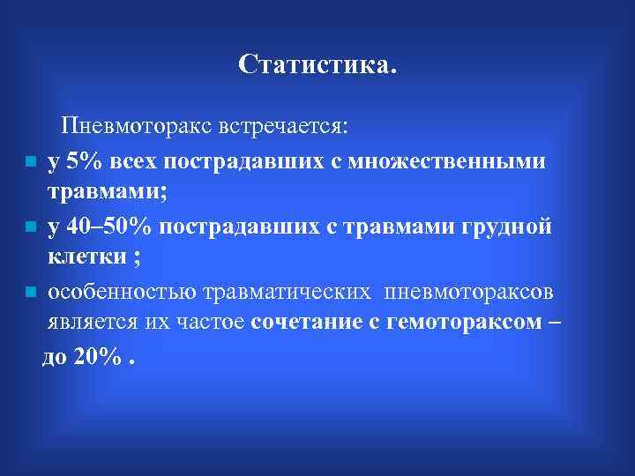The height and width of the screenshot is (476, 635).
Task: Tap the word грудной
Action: [506, 227]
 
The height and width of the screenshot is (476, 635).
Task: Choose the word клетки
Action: [84, 258]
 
